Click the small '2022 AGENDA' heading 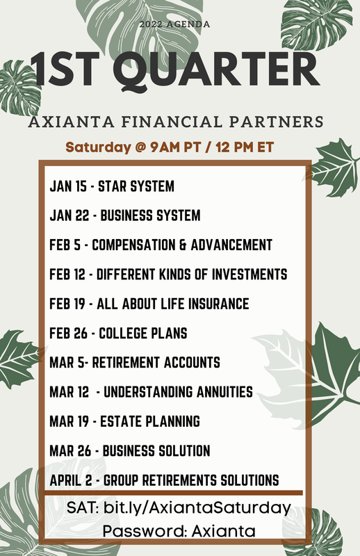174,24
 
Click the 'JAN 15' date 68,187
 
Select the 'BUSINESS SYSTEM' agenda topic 151,216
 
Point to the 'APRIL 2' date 73,480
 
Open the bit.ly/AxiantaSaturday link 197,508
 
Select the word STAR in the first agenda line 112,187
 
